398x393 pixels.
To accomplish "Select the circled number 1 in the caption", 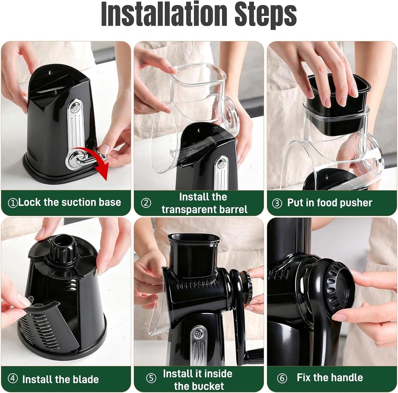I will tap(13, 203).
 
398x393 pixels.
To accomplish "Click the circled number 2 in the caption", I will tap(146, 203).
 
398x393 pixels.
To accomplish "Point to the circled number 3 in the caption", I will tap(277, 203).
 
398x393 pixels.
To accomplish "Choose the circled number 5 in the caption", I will tap(151, 378).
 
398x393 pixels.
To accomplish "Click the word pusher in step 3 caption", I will tap(355, 203).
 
